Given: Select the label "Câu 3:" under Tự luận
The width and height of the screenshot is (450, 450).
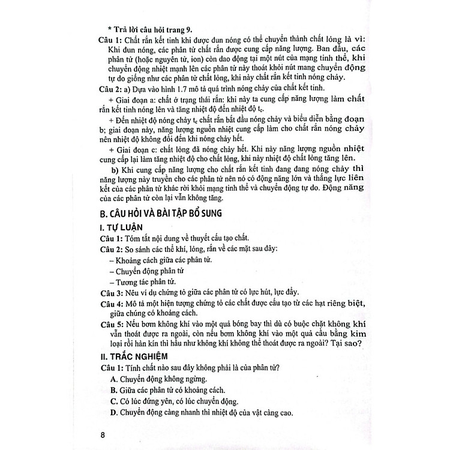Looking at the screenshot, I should click(111, 292).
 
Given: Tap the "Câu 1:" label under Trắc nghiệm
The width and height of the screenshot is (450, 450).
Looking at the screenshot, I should click(111, 367).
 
